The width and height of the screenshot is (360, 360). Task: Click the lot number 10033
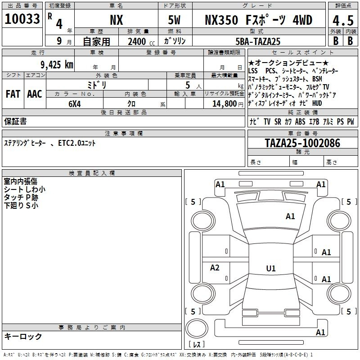(x=22, y=19)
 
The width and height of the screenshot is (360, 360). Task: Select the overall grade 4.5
(x=343, y=20)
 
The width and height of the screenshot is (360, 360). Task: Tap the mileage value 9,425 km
(x=57, y=65)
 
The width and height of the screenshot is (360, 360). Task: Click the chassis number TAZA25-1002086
(x=302, y=143)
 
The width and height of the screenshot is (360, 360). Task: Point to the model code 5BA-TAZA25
(x=258, y=41)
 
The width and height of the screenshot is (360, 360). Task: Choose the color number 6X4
(x=75, y=104)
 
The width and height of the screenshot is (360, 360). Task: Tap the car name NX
(x=117, y=20)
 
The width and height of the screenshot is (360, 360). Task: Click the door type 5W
(x=174, y=20)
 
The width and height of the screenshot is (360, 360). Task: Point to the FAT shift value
(x=13, y=94)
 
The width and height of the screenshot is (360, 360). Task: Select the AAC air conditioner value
(x=35, y=94)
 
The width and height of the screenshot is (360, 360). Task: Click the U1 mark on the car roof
(x=271, y=268)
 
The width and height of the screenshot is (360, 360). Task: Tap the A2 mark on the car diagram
(x=215, y=267)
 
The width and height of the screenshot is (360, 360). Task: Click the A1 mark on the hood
(x=290, y=216)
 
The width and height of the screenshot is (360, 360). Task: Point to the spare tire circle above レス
(x=196, y=328)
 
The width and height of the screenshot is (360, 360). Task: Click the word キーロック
(x=23, y=336)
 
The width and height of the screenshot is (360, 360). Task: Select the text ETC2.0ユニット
(x=76, y=143)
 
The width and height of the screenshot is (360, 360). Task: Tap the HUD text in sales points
(x=317, y=103)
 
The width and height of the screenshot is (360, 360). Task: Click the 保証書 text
(x=15, y=121)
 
